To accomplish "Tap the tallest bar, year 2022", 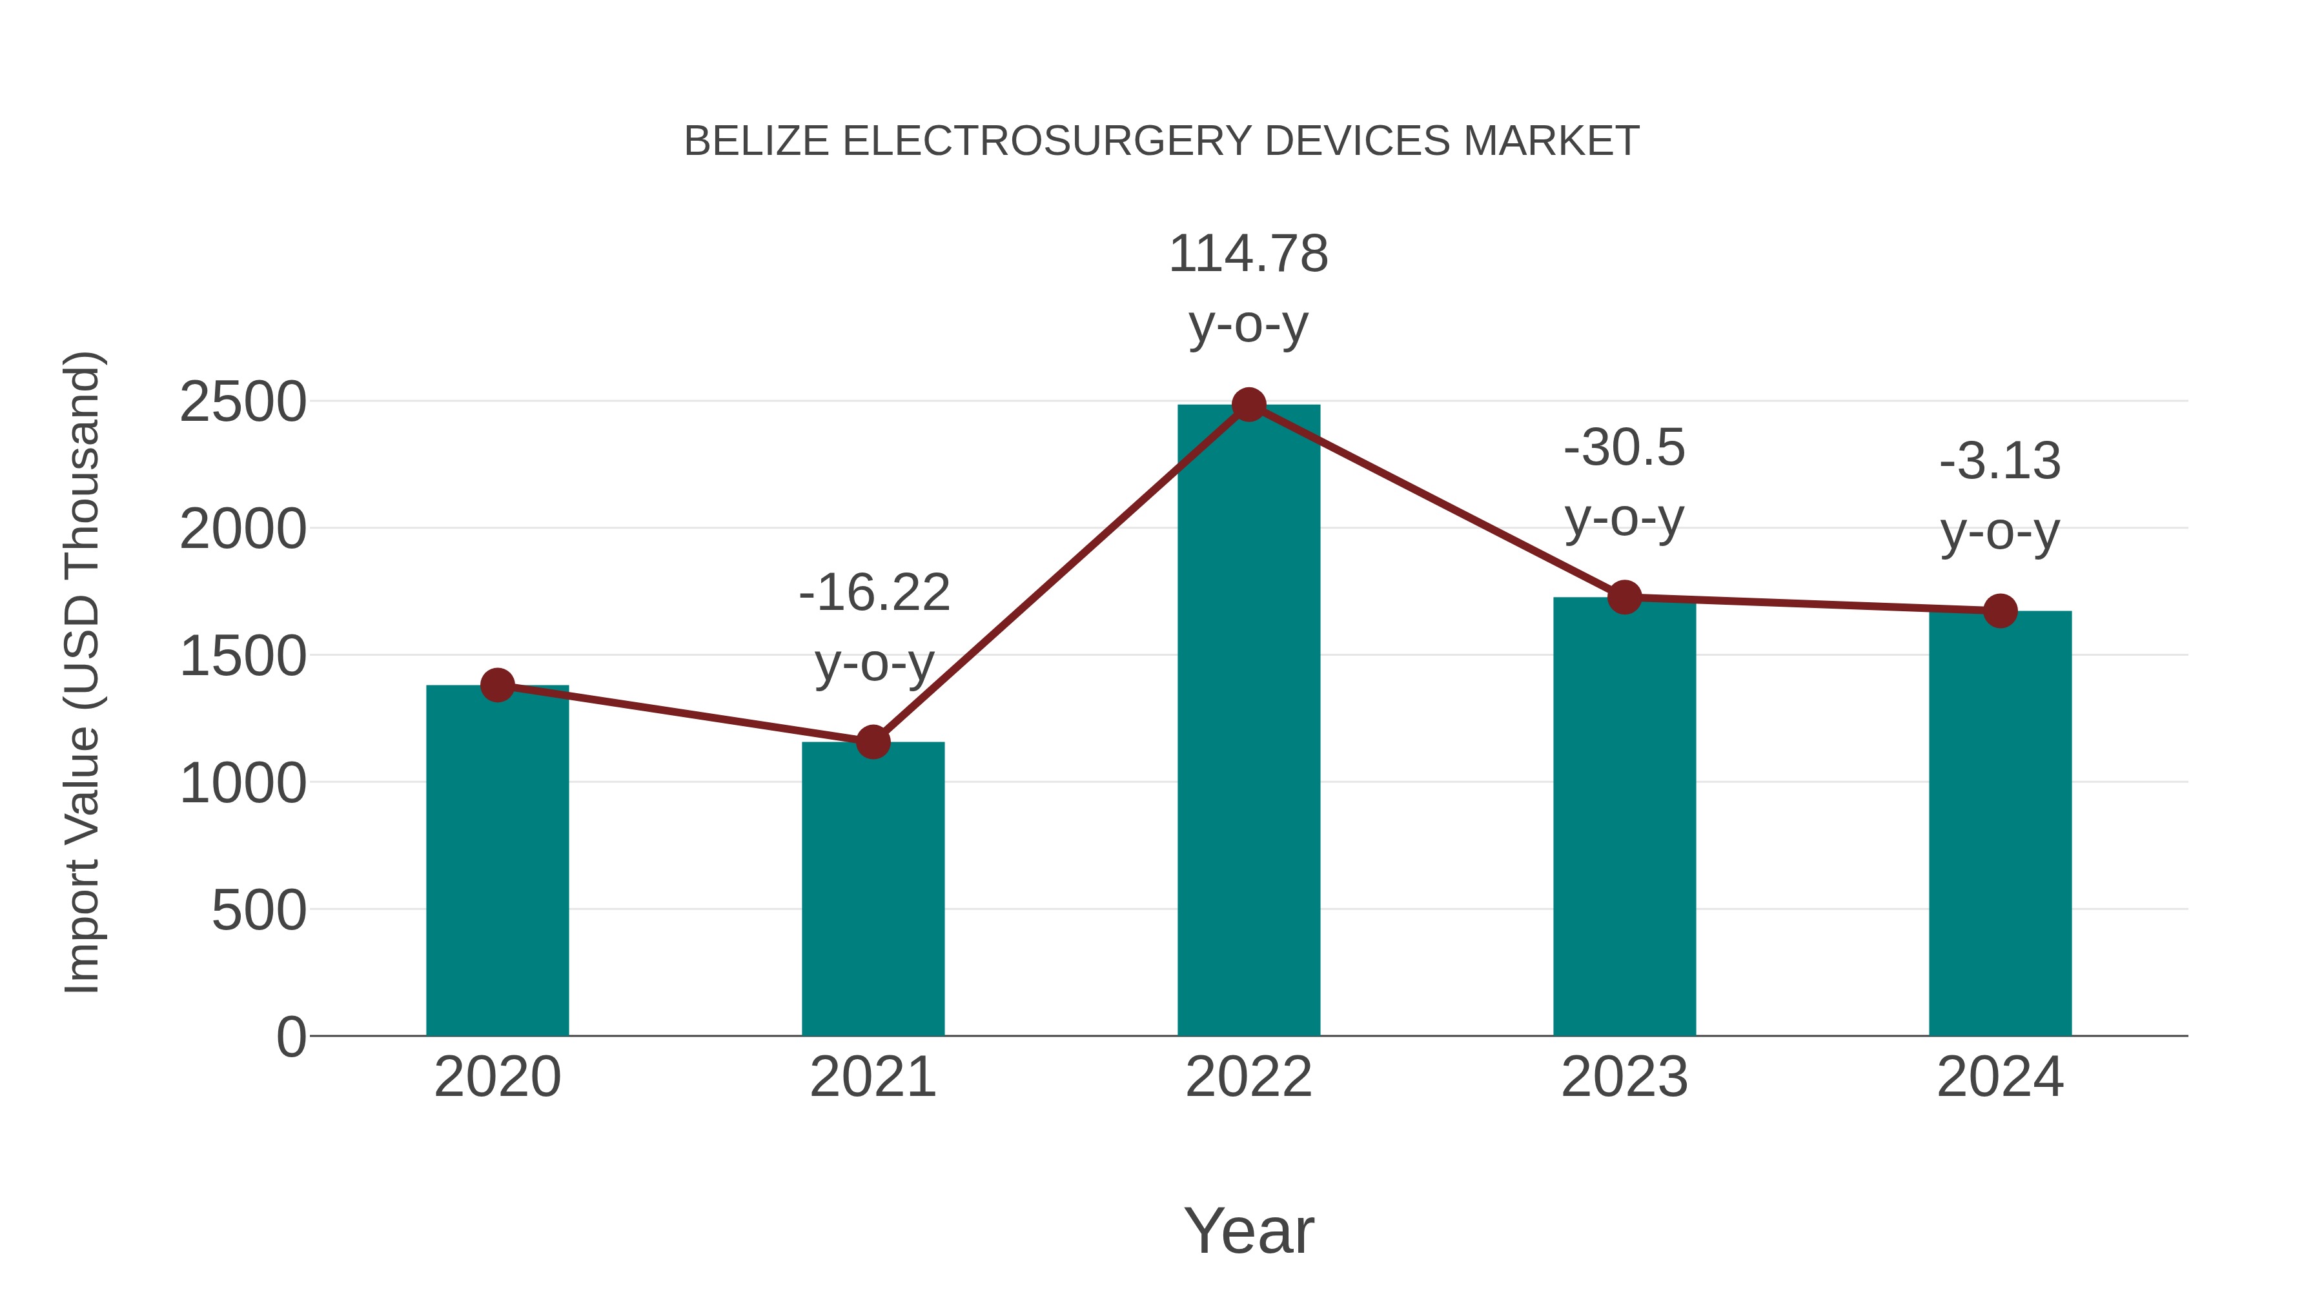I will click(1249, 722).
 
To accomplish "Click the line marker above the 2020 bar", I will click(497, 685).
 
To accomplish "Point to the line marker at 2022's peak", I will click(1249, 405).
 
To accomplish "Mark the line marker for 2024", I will click(2000, 611).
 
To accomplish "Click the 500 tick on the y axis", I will click(258, 910).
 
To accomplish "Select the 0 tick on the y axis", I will click(290, 1037).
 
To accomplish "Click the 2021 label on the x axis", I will click(872, 1077).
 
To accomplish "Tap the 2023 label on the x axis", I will click(1624, 1077).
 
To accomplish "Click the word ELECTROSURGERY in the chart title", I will click(1046, 141).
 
